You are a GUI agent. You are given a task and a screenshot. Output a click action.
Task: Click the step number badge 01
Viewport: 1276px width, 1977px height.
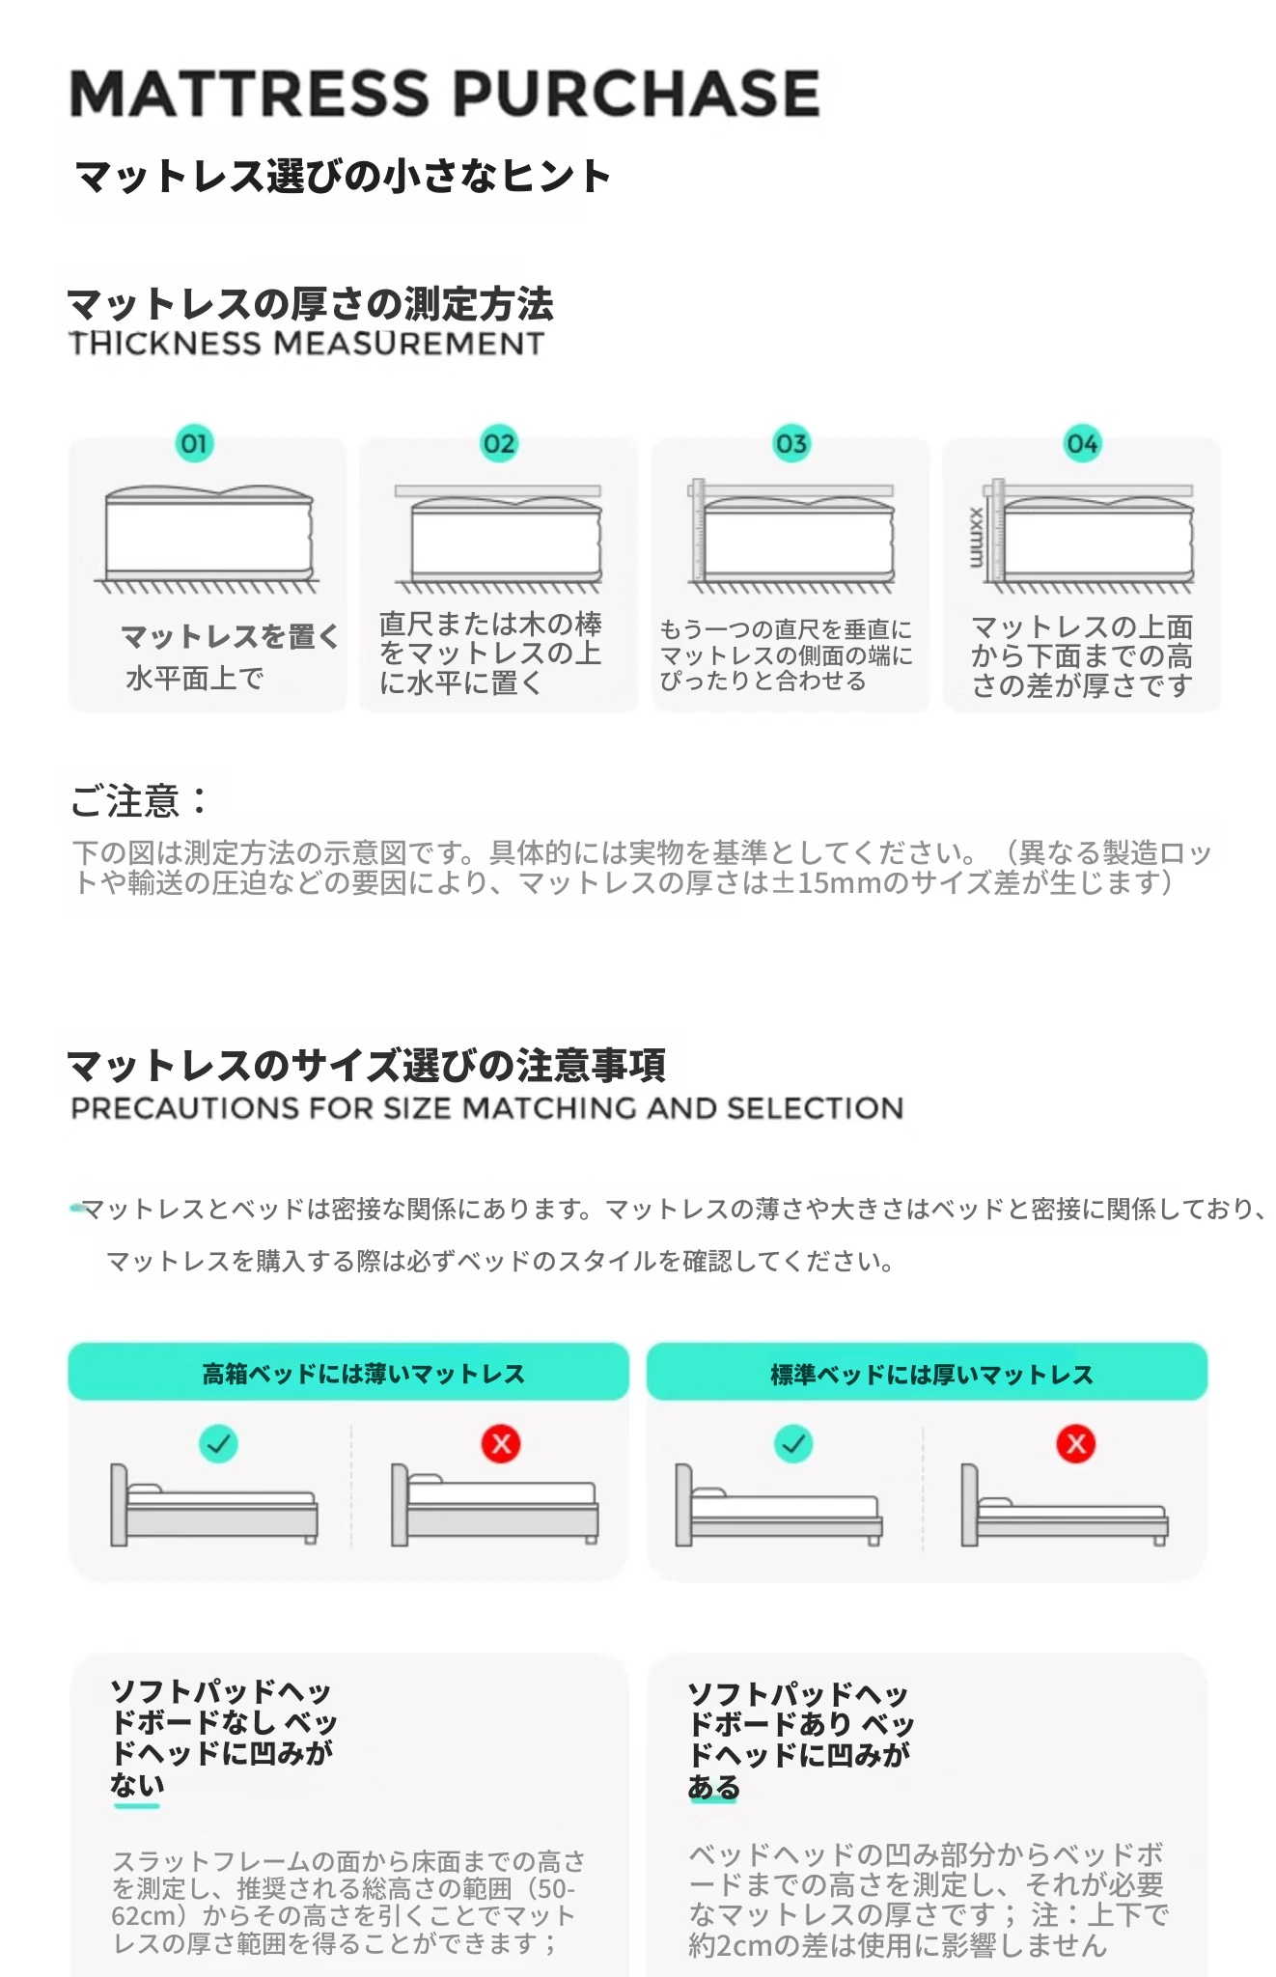tap(194, 444)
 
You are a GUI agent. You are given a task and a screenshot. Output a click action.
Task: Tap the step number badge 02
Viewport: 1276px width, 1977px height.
tap(499, 444)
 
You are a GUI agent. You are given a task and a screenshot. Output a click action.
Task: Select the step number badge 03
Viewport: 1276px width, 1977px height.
tap(791, 444)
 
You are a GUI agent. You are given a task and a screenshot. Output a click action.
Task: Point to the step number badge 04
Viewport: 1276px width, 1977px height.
tap(1082, 444)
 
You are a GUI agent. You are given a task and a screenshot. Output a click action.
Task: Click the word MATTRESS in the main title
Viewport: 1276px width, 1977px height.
tap(249, 94)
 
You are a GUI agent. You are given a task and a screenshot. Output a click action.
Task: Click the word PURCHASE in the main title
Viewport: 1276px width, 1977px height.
tap(637, 94)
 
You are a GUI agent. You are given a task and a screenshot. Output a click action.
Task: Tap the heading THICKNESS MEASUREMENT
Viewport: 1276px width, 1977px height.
tap(307, 344)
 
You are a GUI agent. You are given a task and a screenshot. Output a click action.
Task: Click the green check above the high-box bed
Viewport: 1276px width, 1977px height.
tap(218, 1444)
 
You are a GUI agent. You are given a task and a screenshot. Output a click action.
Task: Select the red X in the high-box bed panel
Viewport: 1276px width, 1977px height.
tap(501, 1444)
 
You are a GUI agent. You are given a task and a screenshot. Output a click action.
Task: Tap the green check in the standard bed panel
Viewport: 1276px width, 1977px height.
tap(793, 1444)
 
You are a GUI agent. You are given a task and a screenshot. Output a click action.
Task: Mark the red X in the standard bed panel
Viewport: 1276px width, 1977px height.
tap(1076, 1444)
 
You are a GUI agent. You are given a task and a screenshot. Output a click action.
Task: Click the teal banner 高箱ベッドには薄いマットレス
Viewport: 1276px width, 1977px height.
tap(348, 1372)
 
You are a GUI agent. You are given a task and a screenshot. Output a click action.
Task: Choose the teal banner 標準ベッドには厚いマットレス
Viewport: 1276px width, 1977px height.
tap(927, 1372)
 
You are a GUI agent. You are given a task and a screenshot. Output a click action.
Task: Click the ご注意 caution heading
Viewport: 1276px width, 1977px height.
tap(139, 801)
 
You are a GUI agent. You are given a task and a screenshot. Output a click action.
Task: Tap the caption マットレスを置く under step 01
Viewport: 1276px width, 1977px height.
tap(231, 637)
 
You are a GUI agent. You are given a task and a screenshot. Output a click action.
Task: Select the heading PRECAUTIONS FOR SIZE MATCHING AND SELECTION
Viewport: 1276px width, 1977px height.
tap(487, 1108)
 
